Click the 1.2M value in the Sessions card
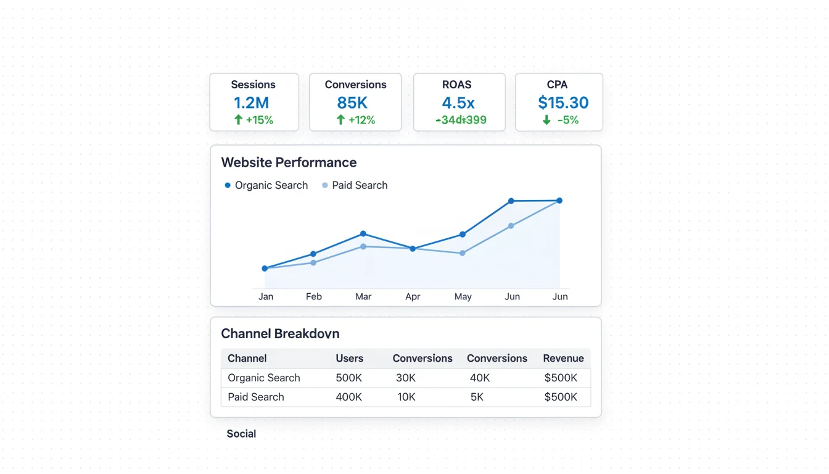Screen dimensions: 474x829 tap(251, 102)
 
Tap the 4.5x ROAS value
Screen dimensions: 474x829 tap(458, 102)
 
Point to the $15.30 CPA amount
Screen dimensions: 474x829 tap(563, 102)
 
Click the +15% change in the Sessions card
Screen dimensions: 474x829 tap(259, 120)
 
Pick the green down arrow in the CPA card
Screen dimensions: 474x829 tap(546, 120)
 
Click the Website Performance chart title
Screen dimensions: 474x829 tap(289, 162)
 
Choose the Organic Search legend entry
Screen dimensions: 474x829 tap(266, 185)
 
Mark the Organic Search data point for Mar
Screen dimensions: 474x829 tap(363, 234)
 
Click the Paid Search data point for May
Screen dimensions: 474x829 tap(463, 253)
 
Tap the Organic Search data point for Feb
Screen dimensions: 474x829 tap(313, 254)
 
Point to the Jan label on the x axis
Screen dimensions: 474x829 tap(266, 297)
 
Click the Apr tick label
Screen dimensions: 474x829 tap(413, 297)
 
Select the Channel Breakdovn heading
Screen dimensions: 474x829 tap(280, 334)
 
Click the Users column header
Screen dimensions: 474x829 tap(349, 359)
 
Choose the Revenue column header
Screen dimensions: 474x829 tap(563, 359)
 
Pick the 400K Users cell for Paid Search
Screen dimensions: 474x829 tap(349, 397)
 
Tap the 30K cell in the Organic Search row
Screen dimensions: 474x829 tap(406, 378)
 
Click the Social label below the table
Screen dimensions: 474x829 tap(241, 434)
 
